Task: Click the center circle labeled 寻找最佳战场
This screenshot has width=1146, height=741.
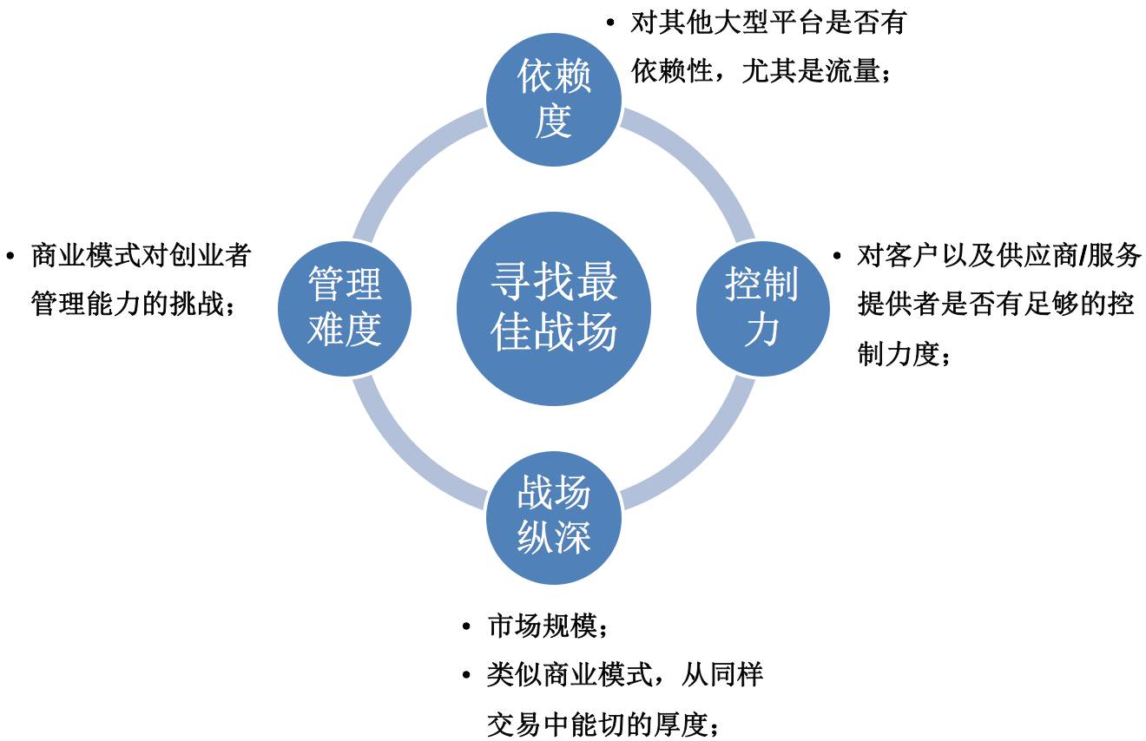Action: coord(554,308)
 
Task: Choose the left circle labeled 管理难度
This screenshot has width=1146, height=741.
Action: coord(345,308)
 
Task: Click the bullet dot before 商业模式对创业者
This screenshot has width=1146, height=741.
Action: coord(11,256)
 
